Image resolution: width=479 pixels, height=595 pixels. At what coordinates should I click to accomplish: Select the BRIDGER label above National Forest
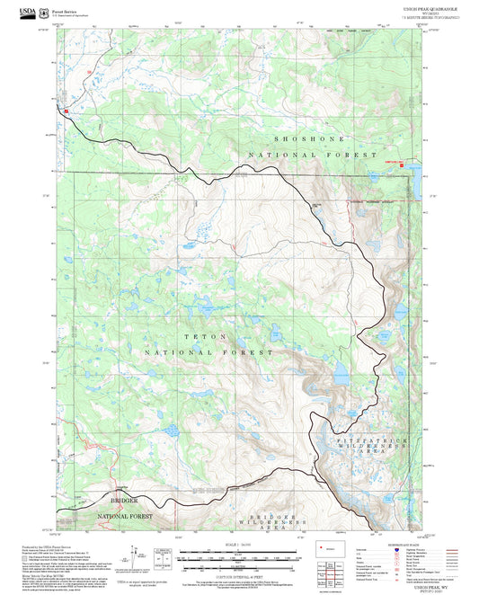tap(125, 499)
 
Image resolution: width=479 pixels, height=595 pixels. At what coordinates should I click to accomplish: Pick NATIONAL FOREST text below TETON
tap(206, 353)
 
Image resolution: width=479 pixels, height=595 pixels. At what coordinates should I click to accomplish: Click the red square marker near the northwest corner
tap(66, 111)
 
